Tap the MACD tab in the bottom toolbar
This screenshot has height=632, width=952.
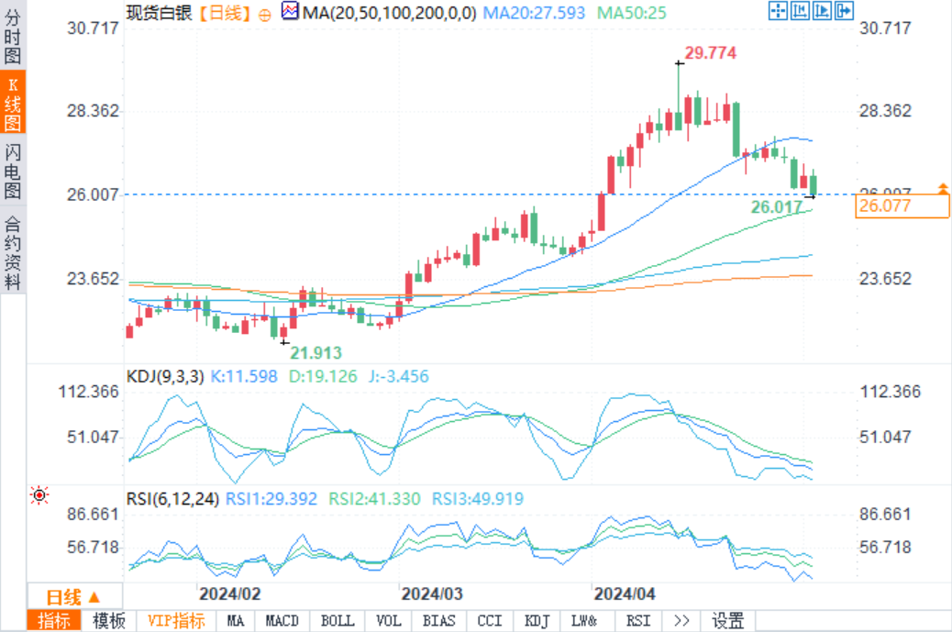pos(282,621)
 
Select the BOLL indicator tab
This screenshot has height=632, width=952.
pos(338,621)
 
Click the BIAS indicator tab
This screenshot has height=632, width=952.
pos(439,621)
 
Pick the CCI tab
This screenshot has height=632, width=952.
pos(490,621)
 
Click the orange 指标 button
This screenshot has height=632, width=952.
pos(53,621)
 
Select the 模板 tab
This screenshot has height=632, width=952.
pos(109,621)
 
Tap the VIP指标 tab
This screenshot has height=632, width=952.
pos(176,621)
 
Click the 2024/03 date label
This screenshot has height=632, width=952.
pos(432,593)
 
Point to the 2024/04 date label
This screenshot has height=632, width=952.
pos(625,593)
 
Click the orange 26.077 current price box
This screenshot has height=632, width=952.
pos(902,206)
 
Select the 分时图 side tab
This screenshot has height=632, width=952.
pos(13,37)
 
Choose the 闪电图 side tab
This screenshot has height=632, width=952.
pos(13,172)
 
